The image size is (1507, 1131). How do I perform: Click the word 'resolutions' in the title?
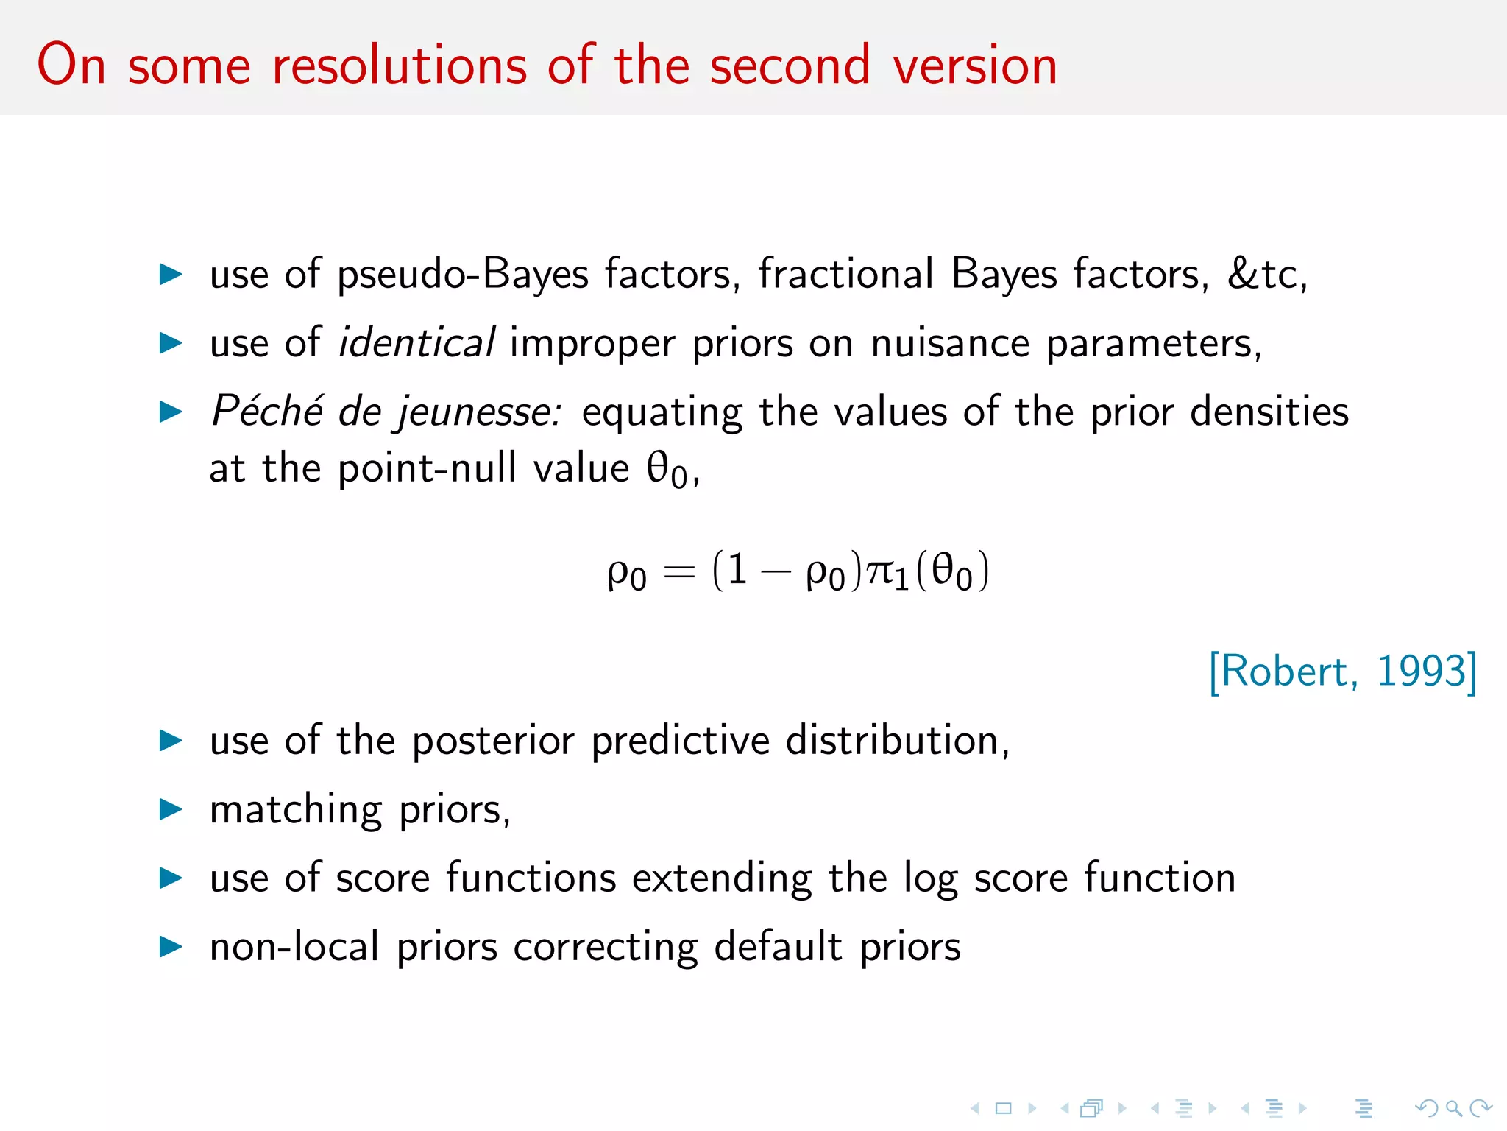point(400,66)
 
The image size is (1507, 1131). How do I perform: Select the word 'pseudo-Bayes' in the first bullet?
point(463,275)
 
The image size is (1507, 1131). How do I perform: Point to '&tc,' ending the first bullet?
point(1266,274)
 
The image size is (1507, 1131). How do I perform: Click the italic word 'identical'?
point(416,343)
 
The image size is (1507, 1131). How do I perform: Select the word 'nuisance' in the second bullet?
point(950,343)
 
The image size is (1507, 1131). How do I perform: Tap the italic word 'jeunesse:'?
point(479,412)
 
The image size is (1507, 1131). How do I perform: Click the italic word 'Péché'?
point(267,411)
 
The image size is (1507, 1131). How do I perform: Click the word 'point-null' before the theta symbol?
point(427,468)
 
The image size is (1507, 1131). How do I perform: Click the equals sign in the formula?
point(678,572)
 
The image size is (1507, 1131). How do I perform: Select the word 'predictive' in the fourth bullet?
point(680,741)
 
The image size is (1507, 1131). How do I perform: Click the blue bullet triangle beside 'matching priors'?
point(171,809)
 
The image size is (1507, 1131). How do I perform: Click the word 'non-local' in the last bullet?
point(294,947)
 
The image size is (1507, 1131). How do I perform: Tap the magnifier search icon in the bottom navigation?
point(1453,1108)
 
